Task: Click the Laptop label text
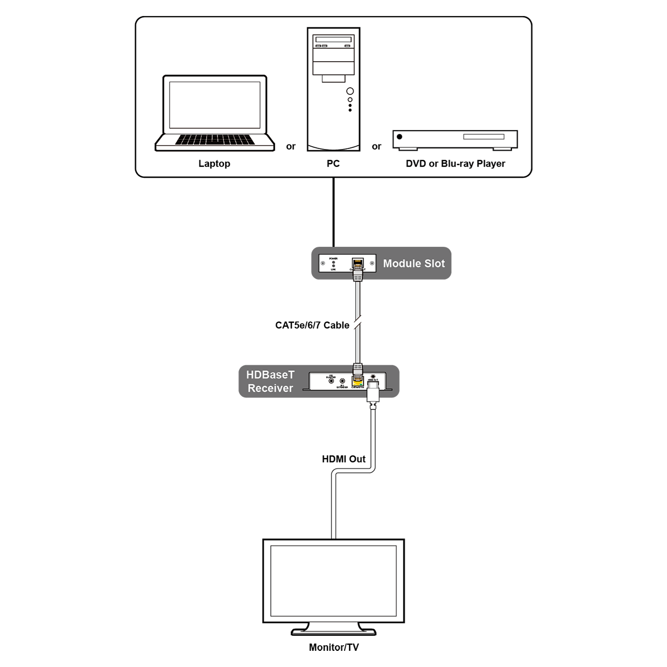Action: point(214,163)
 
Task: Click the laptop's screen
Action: point(215,105)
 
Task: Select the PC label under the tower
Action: point(333,163)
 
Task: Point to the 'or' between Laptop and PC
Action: point(291,147)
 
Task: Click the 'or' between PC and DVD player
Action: point(376,147)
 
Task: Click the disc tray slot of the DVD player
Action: point(484,137)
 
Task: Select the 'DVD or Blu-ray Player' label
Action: point(455,163)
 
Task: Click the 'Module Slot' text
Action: point(414,263)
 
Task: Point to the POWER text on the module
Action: point(333,258)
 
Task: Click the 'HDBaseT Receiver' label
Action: point(270,381)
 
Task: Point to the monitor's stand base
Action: point(333,630)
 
